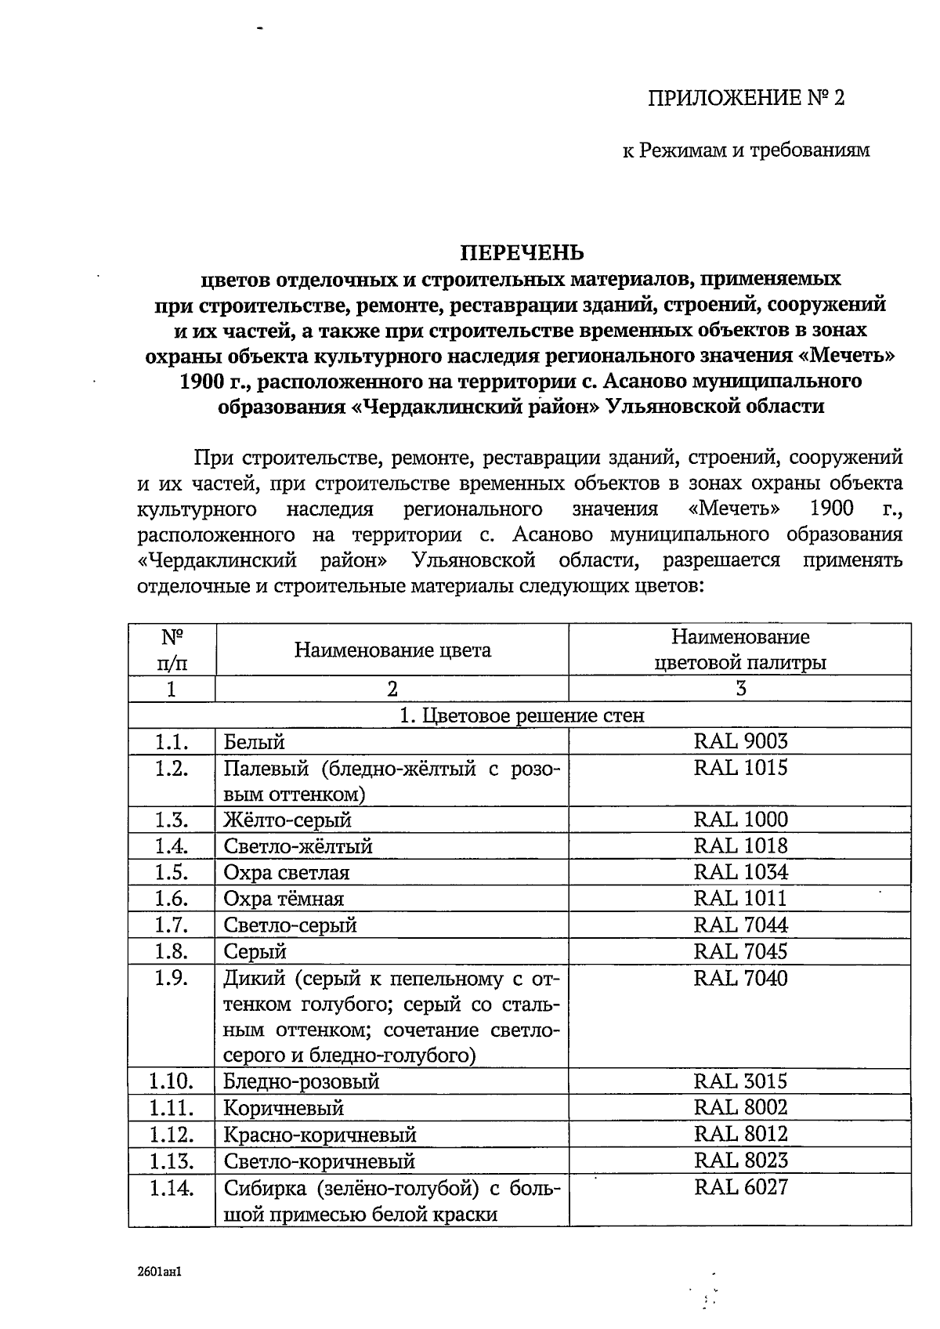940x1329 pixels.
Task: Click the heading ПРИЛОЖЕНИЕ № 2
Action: click(747, 98)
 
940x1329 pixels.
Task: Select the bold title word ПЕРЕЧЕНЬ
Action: click(521, 252)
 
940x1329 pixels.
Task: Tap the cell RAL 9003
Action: click(740, 741)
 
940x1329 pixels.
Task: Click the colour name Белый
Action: click(255, 742)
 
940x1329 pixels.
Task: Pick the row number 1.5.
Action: click(172, 872)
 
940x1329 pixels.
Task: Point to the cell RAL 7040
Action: click(740, 978)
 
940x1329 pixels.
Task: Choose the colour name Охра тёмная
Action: click(284, 899)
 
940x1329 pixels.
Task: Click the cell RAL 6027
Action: click(740, 1187)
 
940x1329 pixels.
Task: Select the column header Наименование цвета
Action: click(392, 650)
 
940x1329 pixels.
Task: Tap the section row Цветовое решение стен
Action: click(522, 715)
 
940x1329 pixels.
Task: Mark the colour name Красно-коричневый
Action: click(320, 1135)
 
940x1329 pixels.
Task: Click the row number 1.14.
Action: click(172, 1188)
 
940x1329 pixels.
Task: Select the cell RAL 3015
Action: click(740, 1081)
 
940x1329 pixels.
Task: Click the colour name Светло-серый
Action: click(290, 925)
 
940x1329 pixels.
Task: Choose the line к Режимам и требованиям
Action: click(746, 150)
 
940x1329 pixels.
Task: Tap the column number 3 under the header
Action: click(740, 689)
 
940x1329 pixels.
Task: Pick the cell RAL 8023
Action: click(740, 1160)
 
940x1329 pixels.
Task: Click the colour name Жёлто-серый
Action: click(287, 820)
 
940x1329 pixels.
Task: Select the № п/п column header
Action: click(172, 650)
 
